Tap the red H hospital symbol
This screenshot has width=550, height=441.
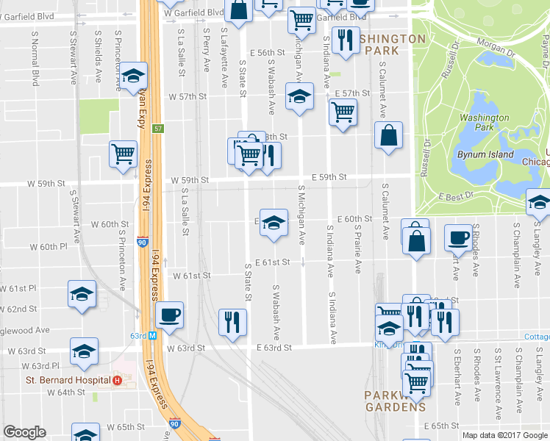tap(117, 381)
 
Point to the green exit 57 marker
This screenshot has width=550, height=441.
tap(158, 129)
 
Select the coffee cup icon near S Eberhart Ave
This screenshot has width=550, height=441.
tap(459, 238)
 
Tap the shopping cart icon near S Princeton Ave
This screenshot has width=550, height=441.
tap(123, 154)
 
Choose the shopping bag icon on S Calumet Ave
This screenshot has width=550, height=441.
tap(388, 135)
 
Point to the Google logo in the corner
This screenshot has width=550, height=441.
tap(24, 432)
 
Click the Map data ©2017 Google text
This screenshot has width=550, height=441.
tap(504, 435)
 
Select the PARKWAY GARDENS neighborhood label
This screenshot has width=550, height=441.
tap(396, 401)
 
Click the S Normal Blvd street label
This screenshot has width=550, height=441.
tap(35, 58)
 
